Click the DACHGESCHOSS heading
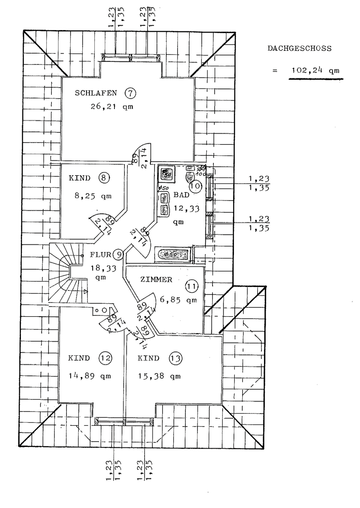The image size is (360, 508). tap(299, 48)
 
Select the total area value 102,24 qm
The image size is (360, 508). tap(314, 71)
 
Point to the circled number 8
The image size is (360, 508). tap(104, 178)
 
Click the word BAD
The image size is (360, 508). tap(181, 195)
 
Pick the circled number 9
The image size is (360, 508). tap(118, 254)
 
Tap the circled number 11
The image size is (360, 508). tap(191, 286)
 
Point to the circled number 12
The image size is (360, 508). tap(105, 358)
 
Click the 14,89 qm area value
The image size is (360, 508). tap(90, 376)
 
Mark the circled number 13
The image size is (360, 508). tap(174, 358)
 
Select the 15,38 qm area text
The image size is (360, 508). tap(160, 376)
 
